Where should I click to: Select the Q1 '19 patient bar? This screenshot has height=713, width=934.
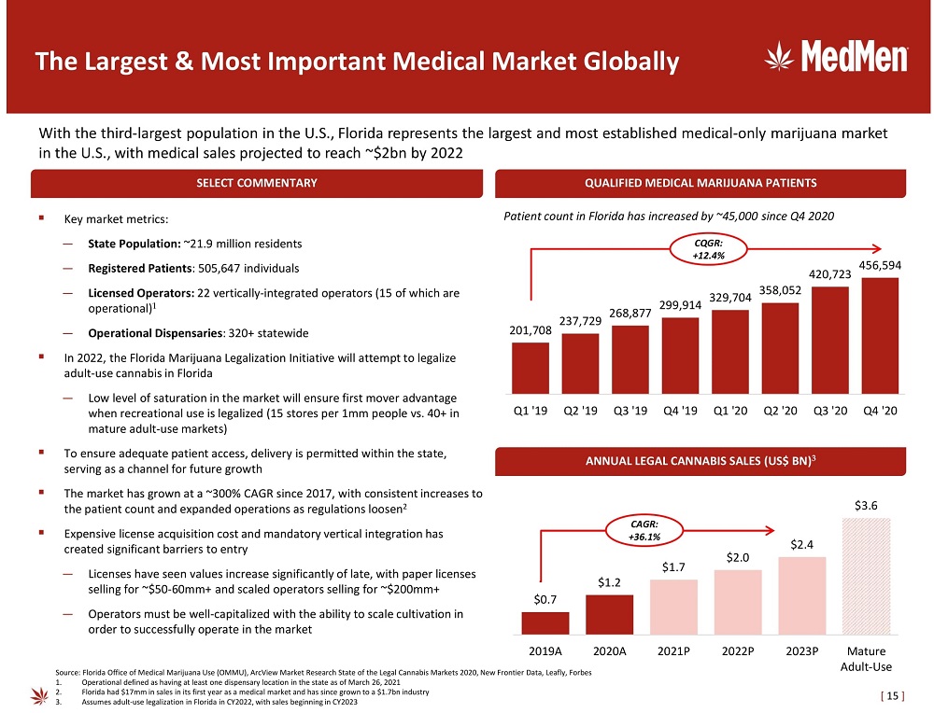[x=531, y=368]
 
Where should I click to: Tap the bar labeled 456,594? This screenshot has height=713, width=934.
[x=880, y=335]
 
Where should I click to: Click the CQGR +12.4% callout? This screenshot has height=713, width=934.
[x=708, y=249]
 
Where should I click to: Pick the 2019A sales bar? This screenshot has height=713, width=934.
[x=552, y=623]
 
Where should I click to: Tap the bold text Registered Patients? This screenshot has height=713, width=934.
[x=128, y=269]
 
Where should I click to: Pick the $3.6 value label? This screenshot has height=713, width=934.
[x=866, y=506]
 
